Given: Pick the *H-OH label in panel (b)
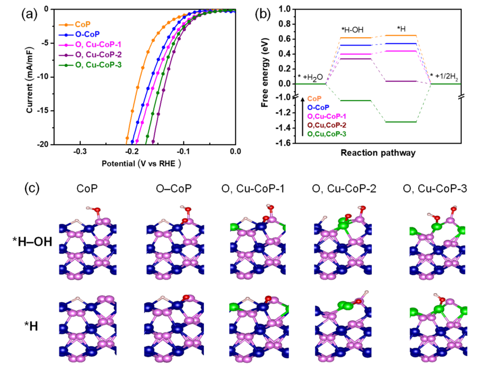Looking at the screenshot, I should pos(352,29).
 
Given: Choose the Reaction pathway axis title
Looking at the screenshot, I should pos(379,152).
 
